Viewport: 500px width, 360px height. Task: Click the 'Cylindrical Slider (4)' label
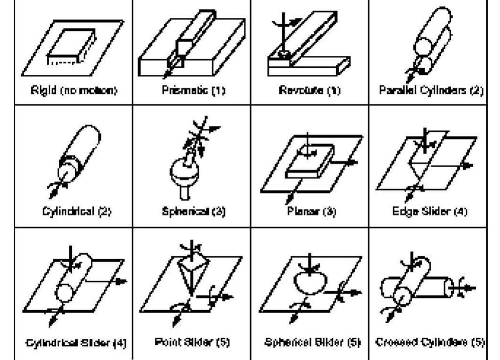[x=73, y=342]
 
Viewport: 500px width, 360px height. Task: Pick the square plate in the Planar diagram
[x=310, y=163]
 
